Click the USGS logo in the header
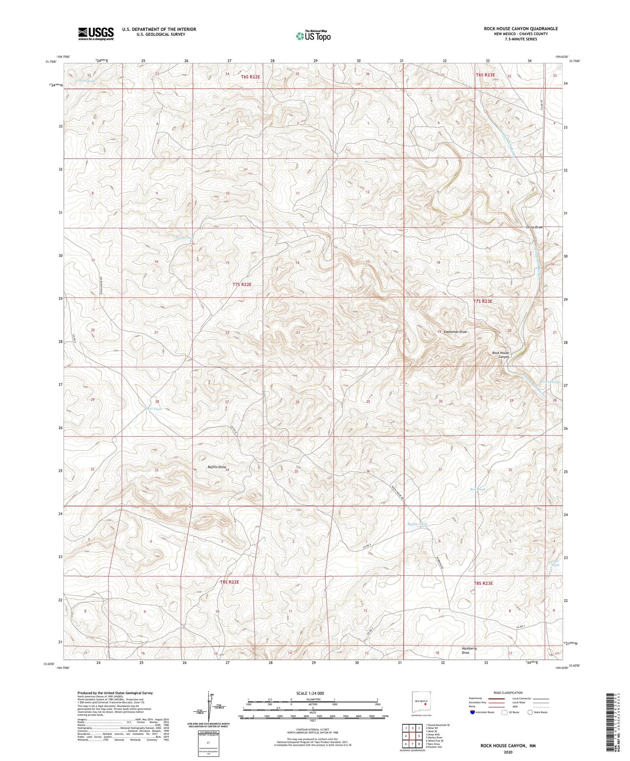pos(95,34)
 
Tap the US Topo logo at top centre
pos(313,36)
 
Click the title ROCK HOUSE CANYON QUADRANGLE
pos(521,29)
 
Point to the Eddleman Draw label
pos(455,332)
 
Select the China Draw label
pos(534,227)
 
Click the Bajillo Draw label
pos(217,467)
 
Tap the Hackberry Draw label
pos(469,650)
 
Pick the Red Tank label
pos(477,489)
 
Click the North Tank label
pos(184,238)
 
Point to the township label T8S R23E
pos(483,583)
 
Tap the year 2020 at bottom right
pos(507,752)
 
